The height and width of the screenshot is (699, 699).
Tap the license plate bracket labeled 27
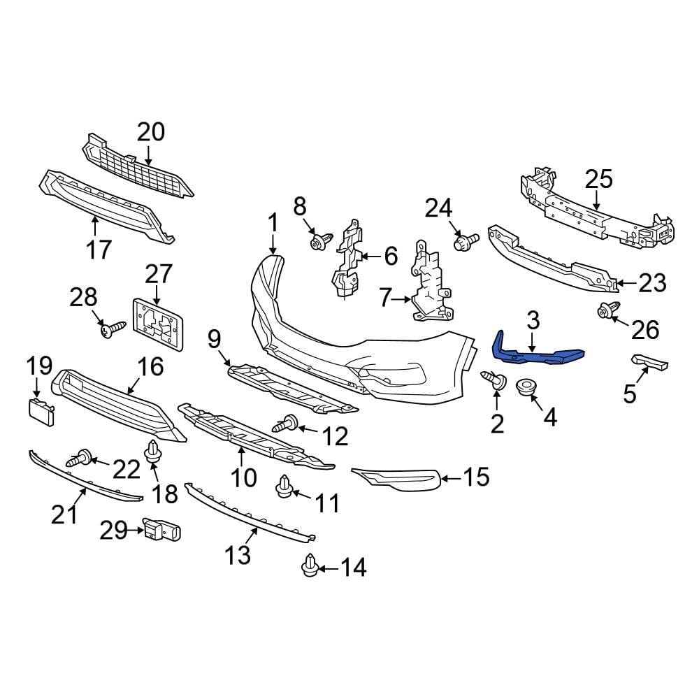pos(159,322)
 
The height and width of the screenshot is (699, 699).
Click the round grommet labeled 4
pos(526,388)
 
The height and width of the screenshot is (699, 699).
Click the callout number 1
pos(272,223)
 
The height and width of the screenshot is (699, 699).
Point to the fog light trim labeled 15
pos(398,479)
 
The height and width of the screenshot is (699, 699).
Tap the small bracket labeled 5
pos(649,362)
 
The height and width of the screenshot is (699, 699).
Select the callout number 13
pos(238,556)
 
